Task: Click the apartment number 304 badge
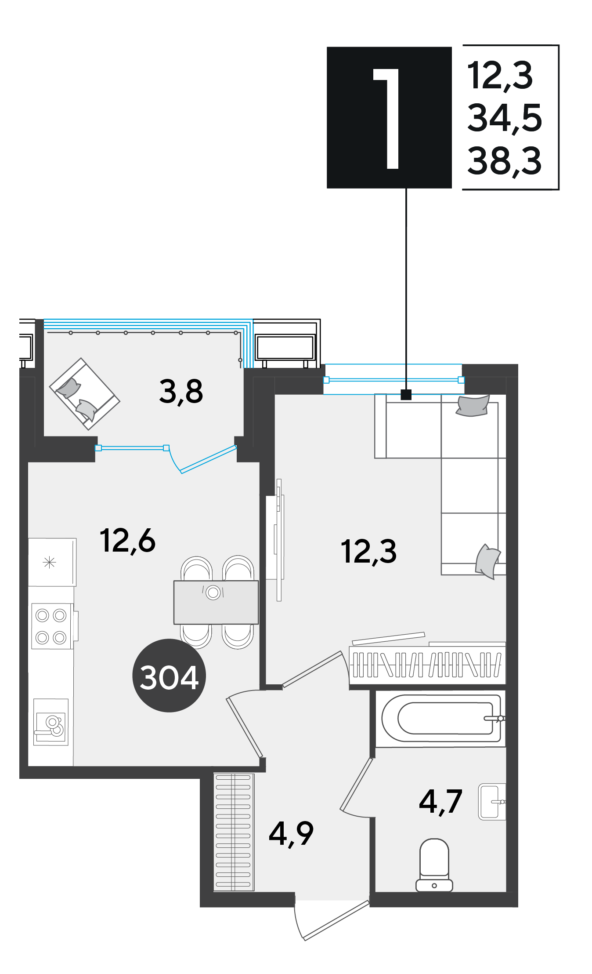(x=169, y=676)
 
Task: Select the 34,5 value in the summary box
(x=505, y=118)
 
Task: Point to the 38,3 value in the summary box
(x=505, y=161)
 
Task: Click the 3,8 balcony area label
(x=181, y=392)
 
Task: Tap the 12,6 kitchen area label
(x=127, y=541)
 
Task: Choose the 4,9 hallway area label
(x=291, y=834)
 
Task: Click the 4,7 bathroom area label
(x=440, y=801)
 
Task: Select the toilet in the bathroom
(x=434, y=865)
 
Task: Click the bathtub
(x=441, y=718)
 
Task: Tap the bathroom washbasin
(x=492, y=801)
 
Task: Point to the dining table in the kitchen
(x=216, y=602)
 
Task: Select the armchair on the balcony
(x=85, y=394)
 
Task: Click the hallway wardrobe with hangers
(x=234, y=832)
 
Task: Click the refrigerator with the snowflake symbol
(x=52, y=562)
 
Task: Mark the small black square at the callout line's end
(x=406, y=395)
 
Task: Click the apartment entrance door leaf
(x=336, y=920)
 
